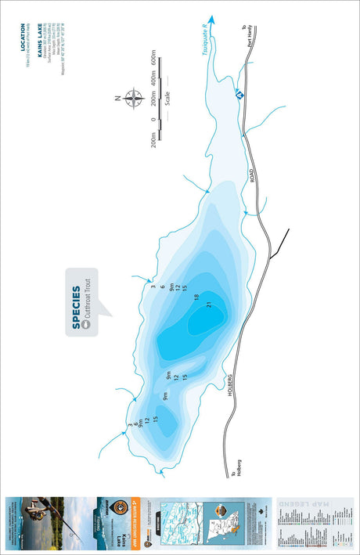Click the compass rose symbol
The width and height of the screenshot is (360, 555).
[x=132, y=99]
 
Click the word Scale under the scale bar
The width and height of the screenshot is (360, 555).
[x=167, y=98]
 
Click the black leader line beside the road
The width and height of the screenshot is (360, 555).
[x=279, y=244]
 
